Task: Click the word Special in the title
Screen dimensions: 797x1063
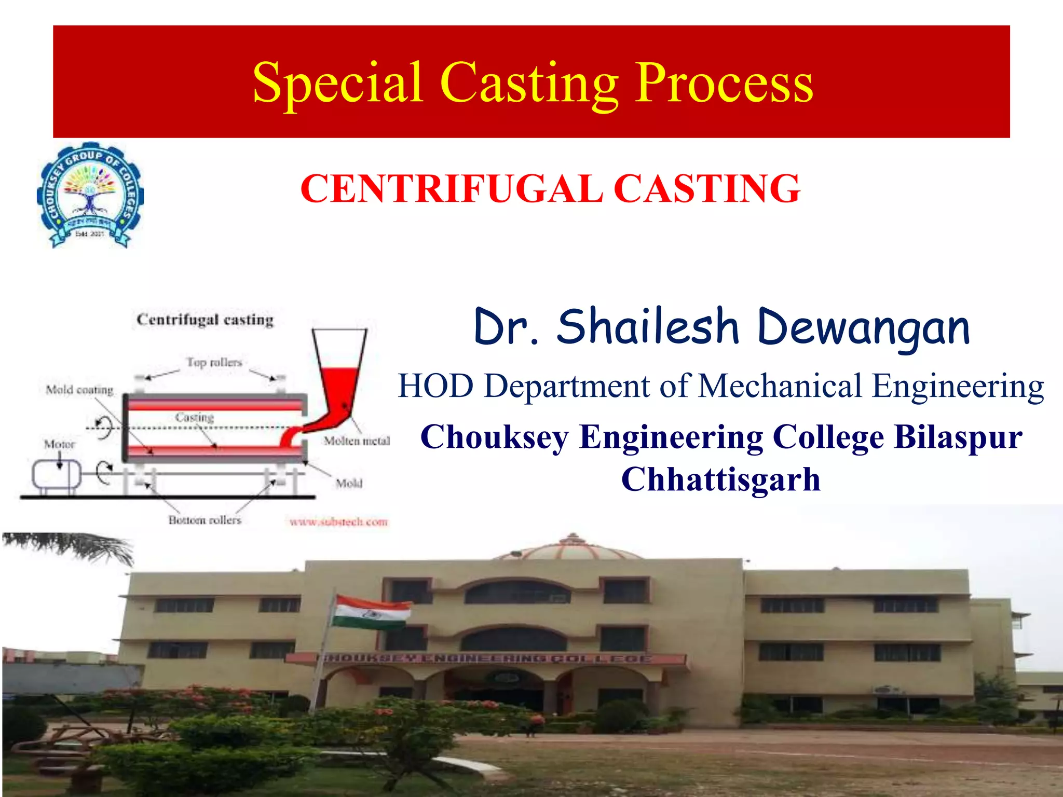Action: [337, 83]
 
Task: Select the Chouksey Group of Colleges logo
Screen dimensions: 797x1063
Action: [90, 195]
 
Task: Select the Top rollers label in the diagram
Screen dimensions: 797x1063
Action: [214, 362]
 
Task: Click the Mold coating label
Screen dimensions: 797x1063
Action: [79, 390]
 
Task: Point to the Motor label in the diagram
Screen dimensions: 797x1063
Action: [59, 444]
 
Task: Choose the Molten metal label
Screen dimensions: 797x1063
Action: [357, 441]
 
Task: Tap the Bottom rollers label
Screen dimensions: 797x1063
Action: [205, 520]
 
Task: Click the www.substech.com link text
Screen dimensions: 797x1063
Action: [338, 521]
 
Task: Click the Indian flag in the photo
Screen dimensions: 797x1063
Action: [371, 612]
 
